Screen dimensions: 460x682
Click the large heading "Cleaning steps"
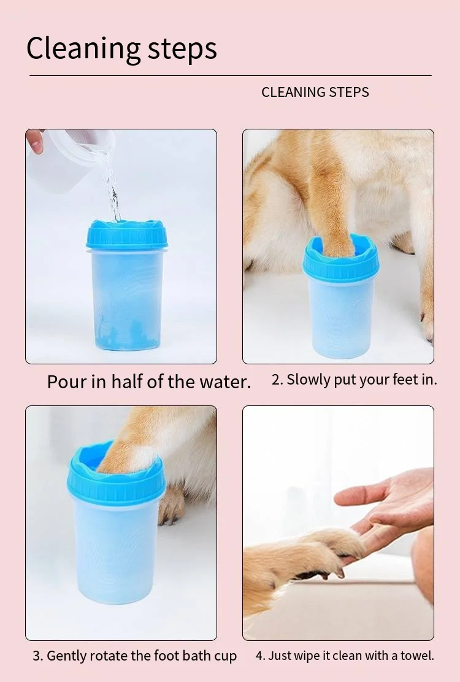pos(121,48)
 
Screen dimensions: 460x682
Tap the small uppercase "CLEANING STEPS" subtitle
pos(315,92)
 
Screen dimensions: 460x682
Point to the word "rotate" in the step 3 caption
pos(107,656)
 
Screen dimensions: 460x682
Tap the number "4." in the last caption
pos(261,656)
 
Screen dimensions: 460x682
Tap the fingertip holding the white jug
pos(35,140)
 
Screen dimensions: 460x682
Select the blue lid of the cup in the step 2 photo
pos(341,259)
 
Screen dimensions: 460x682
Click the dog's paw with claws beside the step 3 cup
pos(171,505)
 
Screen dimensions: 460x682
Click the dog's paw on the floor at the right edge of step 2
pos(427,322)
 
